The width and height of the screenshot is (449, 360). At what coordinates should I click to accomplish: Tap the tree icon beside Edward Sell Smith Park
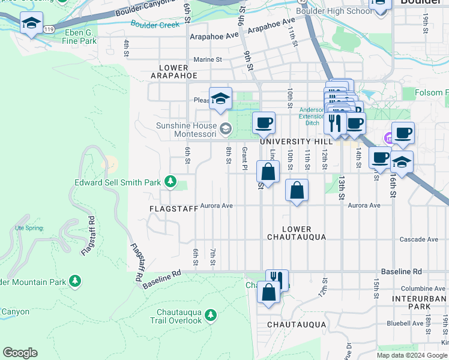click(x=170, y=181)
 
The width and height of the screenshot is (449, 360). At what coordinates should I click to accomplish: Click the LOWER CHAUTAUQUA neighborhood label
click(x=297, y=233)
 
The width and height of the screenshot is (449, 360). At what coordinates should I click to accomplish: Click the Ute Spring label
click(x=29, y=228)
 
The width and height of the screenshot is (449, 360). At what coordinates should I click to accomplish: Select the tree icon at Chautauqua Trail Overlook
click(x=210, y=314)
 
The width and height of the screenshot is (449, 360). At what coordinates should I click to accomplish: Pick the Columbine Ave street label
click(x=423, y=289)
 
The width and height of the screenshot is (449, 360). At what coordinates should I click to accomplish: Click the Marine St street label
click(x=208, y=59)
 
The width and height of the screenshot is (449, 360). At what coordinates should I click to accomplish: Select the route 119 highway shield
click(x=49, y=28)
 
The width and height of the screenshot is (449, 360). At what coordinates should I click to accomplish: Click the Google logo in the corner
click(x=20, y=353)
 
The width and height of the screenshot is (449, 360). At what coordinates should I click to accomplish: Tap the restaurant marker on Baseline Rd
click(x=277, y=279)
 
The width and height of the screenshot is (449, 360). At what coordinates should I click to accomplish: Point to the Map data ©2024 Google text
click(x=411, y=355)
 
